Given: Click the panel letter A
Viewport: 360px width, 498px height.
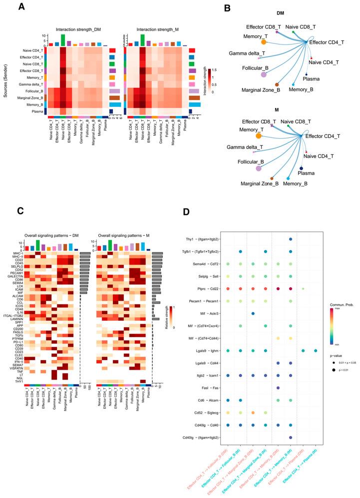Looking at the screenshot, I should pos(21,7).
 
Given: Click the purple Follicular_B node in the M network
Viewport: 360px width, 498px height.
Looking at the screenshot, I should pos(259,169).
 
